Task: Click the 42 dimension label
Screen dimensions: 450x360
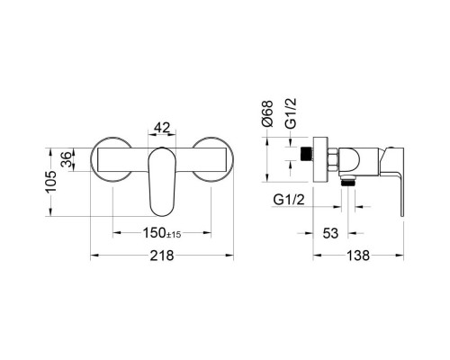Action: pos(162,128)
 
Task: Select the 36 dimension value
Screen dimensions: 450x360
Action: pos(67,159)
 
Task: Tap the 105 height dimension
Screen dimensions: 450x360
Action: pos(51,182)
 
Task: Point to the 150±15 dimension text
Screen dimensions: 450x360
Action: pos(162,233)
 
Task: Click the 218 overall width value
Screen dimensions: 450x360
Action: pos(162,256)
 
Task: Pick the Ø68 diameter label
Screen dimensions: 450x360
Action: pos(267,113)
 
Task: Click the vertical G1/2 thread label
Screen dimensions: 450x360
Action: pos(291,113)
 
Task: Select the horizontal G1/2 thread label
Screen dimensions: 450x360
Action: pos(289,200)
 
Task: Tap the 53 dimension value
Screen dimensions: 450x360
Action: pos(330,233)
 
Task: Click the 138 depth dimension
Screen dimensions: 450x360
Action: pos(358,256)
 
